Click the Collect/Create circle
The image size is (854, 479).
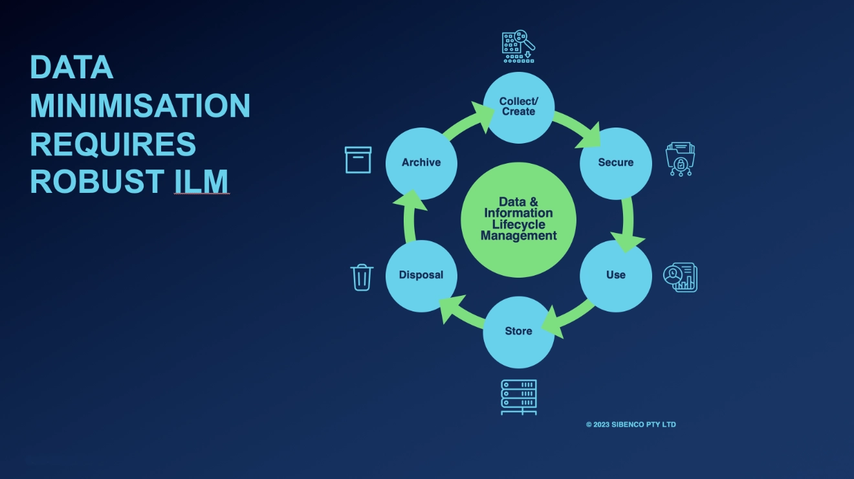tap(518, 107)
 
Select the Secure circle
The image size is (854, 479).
tap(616, 163)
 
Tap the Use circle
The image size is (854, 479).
tap(616, 276)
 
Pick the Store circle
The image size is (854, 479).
tap(518, 332)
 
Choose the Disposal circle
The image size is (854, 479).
tap(421, 276)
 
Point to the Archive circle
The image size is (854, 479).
tap(421, 163)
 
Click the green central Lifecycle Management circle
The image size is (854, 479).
tap(518, 219)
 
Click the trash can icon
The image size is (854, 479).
tap(362, 277)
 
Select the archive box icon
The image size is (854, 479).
tap(358, 160)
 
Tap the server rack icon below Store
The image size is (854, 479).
tap(519, 397)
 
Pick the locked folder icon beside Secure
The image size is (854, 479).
tap(680, 159)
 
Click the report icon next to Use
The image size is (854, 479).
tap(681, 277)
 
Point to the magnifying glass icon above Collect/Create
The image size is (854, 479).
tap(518, 46)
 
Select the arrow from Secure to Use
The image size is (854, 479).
tap(628, 224)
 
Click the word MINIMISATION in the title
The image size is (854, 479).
tap(140, 106)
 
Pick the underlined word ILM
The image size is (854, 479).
tap(201, 181)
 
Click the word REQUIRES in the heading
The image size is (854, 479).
tap(113, 144)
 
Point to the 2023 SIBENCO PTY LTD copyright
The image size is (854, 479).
tap(631, 425)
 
